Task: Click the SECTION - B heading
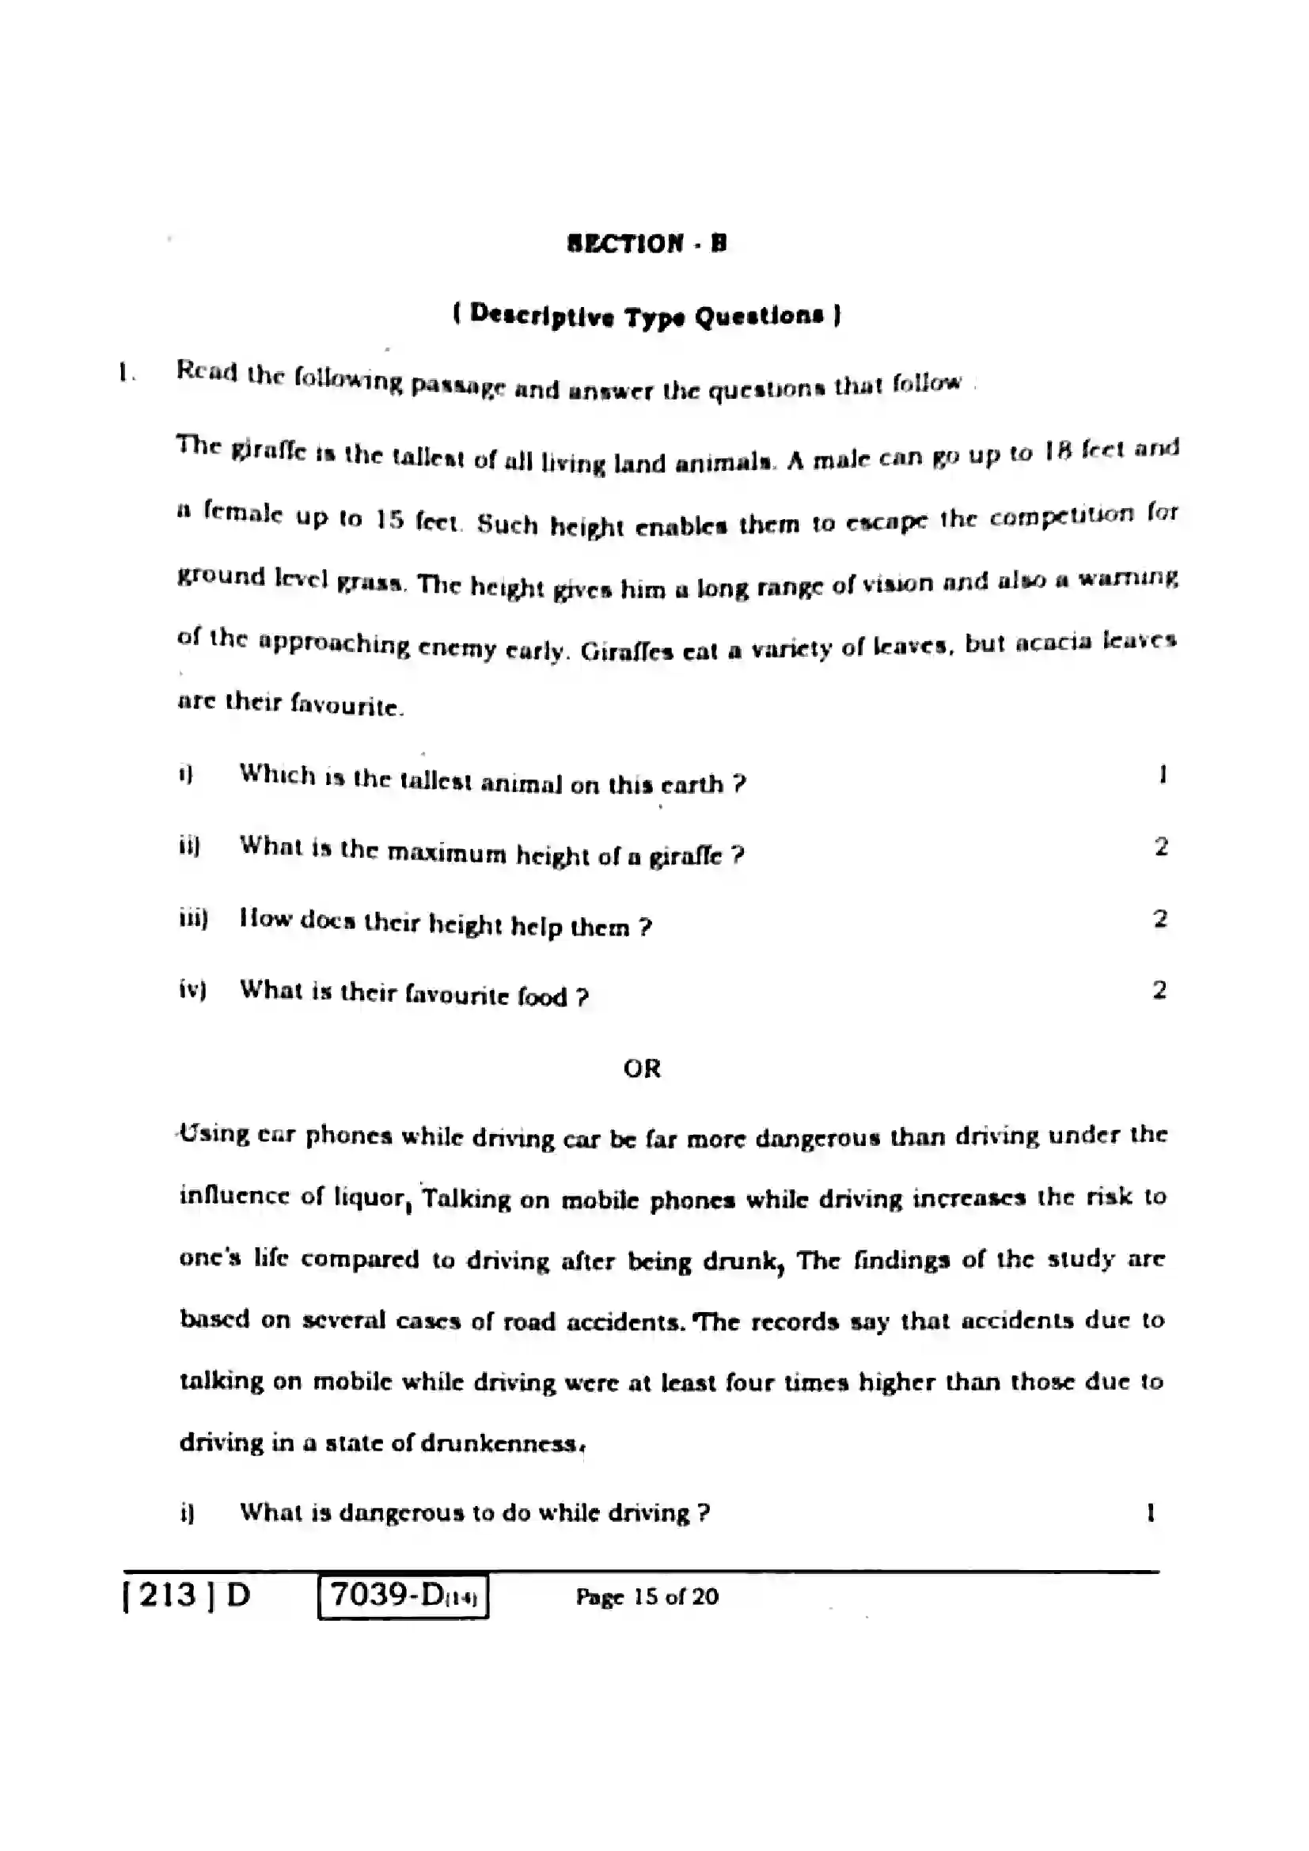click(647, 243)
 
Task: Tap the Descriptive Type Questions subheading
click(647, 314)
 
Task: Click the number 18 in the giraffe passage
click(1057, 451)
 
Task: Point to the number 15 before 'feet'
click(389, 519)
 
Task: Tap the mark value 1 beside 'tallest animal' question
click(1163, 774)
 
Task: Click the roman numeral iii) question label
click(193, 918)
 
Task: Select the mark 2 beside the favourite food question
click(1159, 989)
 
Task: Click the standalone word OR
click(642, 1068)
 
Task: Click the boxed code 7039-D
click(403, 1596)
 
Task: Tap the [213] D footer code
click(187, 1595)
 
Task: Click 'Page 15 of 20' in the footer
click(647, 1597)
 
